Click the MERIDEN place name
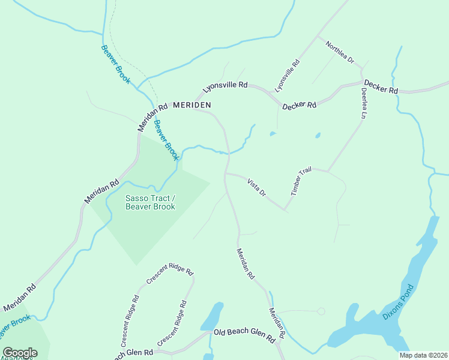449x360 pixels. click(192, 105)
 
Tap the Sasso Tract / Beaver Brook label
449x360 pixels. click(150, 203)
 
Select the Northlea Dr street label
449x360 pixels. click(340, 53)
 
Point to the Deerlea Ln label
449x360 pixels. click(364, 103)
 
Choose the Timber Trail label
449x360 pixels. click(301, 181)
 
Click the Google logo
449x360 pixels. click(20, 353)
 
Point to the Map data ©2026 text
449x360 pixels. click(423, 355)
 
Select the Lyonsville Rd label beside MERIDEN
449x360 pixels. click(225, 86)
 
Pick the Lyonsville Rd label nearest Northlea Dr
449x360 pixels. click(287, 75)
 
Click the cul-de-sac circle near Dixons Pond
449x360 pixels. click(321, 311)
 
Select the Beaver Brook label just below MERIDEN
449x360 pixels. click(166, 140)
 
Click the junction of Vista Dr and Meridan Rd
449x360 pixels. click(226, 174)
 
